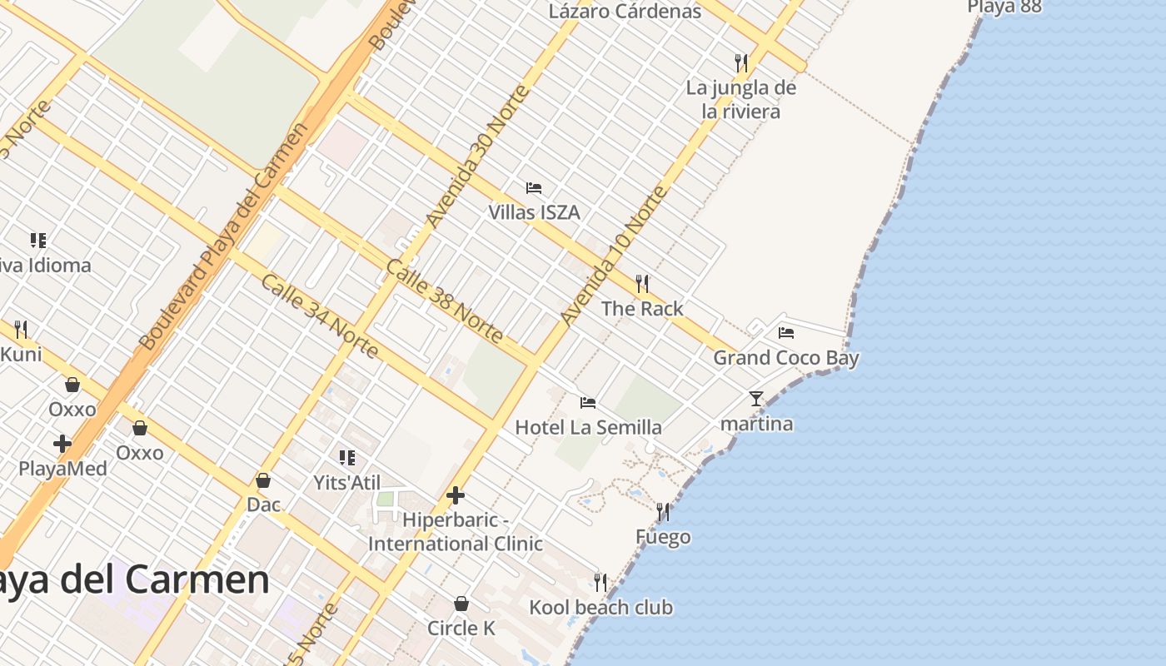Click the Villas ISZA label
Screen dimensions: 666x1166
pos(534,212)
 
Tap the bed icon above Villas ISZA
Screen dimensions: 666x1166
pos(534,188)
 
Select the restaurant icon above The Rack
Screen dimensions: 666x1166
pos(642,284)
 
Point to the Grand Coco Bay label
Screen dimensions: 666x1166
pos(785,358)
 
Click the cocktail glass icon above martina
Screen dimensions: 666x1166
pos(756,399)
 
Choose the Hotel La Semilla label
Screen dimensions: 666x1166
pos(588,427)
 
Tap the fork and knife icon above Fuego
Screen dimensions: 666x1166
pos(663,511)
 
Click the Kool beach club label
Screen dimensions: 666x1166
pos(600,607)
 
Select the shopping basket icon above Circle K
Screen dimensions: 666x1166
pos(461,604)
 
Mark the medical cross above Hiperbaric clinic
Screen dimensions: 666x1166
pos(456,495)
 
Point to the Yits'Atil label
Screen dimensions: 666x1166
pos(346,483)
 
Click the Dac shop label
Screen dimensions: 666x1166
pos(263,504)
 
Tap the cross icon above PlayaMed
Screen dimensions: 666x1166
pos(62,444)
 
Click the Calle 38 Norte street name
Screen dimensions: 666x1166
pos(445,301)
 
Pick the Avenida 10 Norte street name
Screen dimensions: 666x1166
pos(614,256)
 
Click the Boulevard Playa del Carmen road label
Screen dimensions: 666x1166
pos(222,237)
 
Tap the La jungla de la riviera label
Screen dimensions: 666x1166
pos(740,99)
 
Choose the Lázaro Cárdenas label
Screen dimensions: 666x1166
pos(625,12)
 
